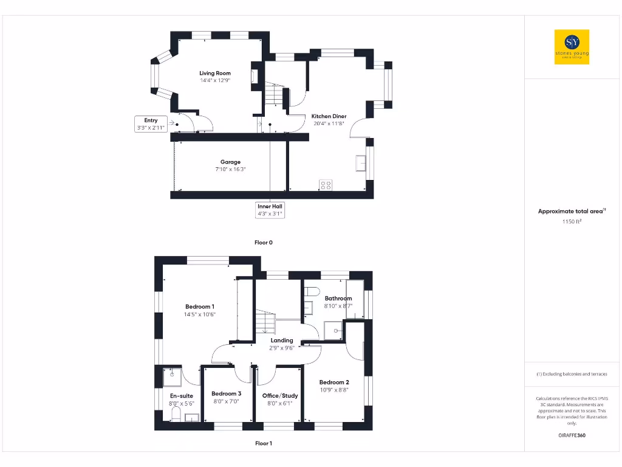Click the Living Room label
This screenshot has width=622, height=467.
click(215, 73)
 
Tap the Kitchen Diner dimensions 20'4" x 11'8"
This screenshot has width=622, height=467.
click(329, 123)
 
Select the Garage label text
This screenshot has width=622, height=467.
click(230, 162)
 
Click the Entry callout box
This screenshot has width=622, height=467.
click(151, 124)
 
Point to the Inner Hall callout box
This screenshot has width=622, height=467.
click(270, 210)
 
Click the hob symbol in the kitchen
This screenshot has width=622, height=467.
click(326, 185)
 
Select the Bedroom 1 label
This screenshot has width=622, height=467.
click(200, 306)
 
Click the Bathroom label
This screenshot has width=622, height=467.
click(338, 298)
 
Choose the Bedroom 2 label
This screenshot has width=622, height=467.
click(334, 382)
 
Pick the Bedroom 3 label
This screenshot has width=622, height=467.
click(227, 393)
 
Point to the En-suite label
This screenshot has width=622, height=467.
click(181, 395)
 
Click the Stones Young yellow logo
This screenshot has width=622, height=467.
click(572, 47)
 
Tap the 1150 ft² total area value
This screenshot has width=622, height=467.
click(572, 222)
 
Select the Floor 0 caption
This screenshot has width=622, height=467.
click(263, 242)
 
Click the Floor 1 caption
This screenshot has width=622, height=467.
click(263, 443)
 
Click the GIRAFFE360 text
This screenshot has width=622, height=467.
click(572, 435)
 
